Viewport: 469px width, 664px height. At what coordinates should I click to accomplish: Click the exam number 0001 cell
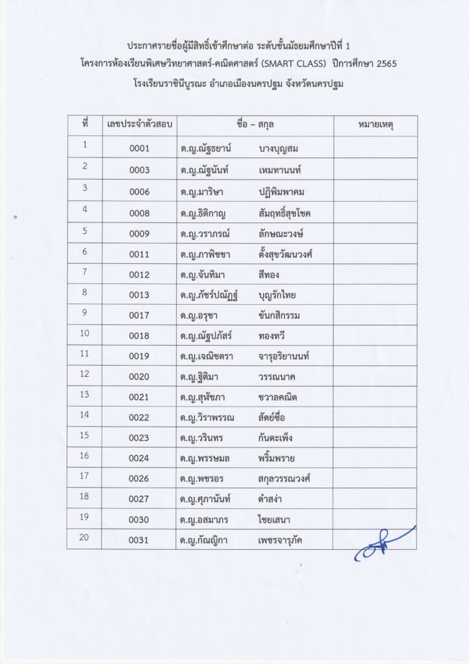139,148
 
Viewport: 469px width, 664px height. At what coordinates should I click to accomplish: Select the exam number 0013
139,295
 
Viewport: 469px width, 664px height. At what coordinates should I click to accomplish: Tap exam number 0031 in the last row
139,540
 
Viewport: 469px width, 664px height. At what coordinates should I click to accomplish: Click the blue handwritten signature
382,545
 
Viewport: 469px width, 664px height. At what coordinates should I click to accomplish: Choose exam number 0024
139,458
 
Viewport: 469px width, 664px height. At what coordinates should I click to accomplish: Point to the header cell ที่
84,123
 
